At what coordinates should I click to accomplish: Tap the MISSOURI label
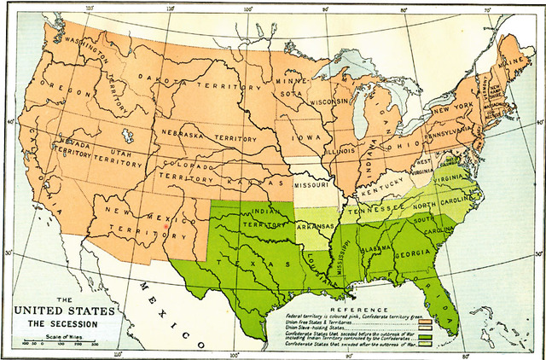click(311, 184)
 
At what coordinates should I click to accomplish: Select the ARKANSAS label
click(315, 227)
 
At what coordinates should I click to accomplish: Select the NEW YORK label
click(452, 110)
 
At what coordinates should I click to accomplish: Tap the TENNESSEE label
click(375, 207)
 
